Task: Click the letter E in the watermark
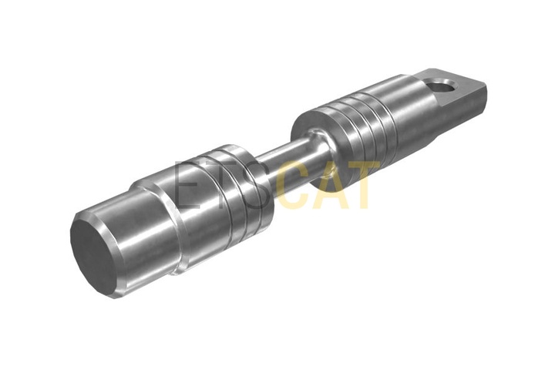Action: coord(187,184)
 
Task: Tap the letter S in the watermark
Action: coord(256,184)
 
